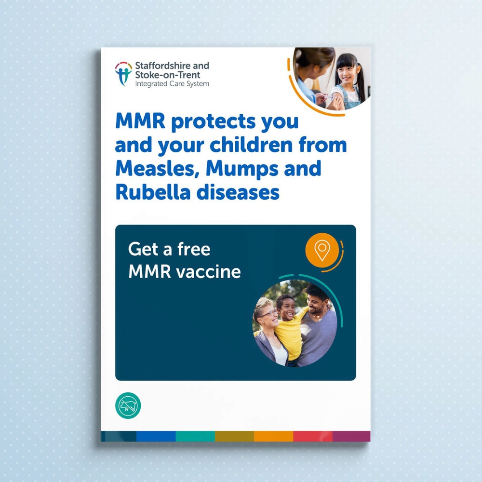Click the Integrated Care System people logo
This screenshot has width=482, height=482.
[x=123, y=73]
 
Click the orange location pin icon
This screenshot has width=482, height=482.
[x=322, y=250]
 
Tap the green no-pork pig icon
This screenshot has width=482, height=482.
[x=128, y=405]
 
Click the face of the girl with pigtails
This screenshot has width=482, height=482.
[x=346, y=74]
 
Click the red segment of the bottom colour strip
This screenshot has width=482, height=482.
[x=313, y=436]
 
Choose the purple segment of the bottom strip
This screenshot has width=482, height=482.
[x=351, y=436]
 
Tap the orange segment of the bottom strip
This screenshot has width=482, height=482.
[x=274, y=436]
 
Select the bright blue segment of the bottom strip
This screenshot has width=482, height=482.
[x=156, y=436]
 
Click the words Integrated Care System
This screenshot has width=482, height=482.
[x=172, y=84]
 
